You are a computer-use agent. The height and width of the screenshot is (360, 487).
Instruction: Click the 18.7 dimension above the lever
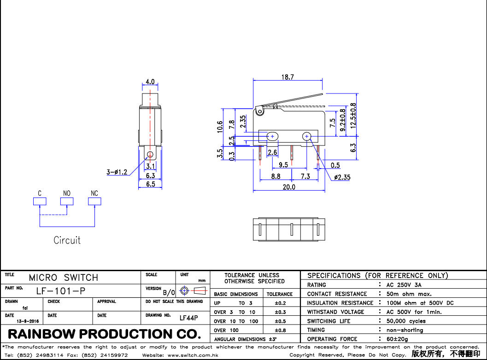pos(288,77)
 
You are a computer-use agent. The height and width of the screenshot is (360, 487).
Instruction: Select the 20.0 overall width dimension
pos(288,187)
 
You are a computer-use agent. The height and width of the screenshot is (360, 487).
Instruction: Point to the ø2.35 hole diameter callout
pos(342,177)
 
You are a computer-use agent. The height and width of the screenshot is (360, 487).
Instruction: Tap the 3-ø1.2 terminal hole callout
pos(117,172)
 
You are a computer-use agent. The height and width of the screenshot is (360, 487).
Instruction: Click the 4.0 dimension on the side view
pos(150,82)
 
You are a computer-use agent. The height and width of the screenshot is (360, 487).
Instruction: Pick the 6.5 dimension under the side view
pos(150,184)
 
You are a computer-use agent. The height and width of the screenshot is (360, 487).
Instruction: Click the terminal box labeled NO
pos(67,202)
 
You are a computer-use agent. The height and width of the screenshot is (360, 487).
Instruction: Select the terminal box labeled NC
pos(94,202)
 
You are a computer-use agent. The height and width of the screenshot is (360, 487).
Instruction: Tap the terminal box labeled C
pos(40,202)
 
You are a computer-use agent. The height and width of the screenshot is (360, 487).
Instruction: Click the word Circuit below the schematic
pos(67,240)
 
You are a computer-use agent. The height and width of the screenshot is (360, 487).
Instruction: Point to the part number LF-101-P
pos(60,291)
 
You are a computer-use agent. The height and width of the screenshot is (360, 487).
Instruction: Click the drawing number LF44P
pos(188,318)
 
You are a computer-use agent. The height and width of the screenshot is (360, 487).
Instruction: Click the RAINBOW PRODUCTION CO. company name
pos(105,334)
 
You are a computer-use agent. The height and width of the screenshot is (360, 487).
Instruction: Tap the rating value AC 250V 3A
pos(404,285)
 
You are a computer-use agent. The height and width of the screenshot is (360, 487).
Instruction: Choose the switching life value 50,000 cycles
pos(406,321)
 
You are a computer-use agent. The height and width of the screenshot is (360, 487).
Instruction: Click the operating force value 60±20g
pos(397,339)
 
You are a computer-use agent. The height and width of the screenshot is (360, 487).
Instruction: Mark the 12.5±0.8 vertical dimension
pos(353,116)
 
